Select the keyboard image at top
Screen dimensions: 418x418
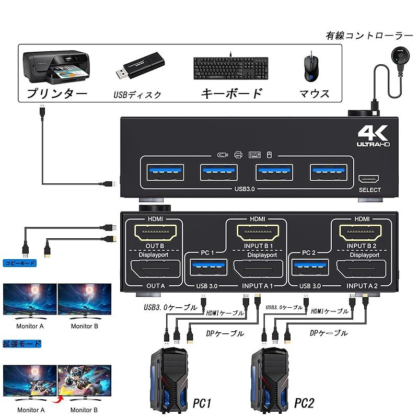click(x=230, y=68)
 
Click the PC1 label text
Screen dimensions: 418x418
click(x=201, y=403)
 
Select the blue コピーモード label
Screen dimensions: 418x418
click(x=19, y=263)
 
